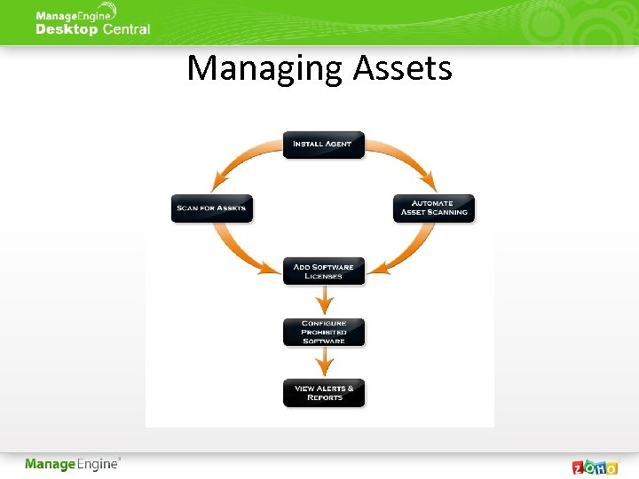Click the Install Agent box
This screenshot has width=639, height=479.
(x=323, y=145)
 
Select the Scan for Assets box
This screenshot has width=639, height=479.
(x=211, y=208)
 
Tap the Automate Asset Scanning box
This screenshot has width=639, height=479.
(x=434, y=208)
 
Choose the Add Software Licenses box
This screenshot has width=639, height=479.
(x=323, y=271)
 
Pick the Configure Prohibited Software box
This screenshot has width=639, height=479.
(x=323, y=333)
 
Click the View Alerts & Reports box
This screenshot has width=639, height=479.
(x=323, y=393)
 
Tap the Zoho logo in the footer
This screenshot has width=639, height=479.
(x=596, y=467)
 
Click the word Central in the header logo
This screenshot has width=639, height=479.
(x=126, y=29)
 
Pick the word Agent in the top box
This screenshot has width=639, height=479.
(x=337, y=144)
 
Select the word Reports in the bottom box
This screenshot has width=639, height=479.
(x=324, y=398)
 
